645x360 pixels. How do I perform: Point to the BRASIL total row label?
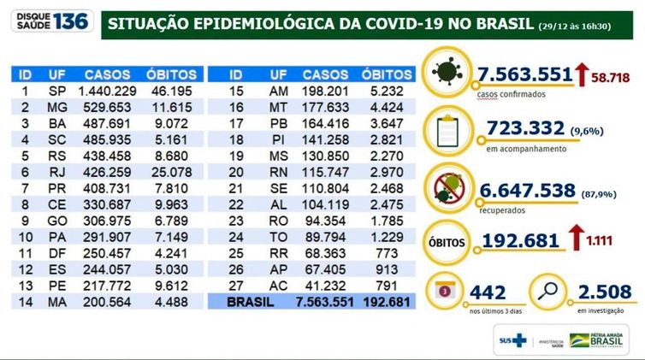[x=254, y=302]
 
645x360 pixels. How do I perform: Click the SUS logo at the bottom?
[x=512, y=339]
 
